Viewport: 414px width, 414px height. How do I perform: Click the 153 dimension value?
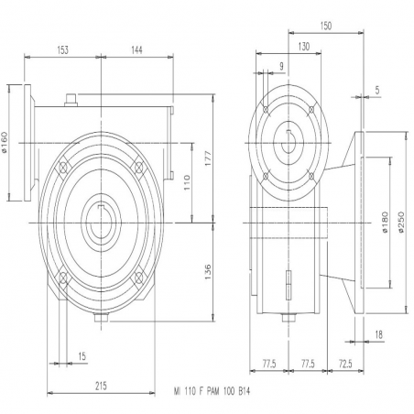click(x=63, y=50)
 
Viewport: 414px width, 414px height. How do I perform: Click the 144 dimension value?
click(x=136, y=50)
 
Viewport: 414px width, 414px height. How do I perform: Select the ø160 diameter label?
click(x=5, y=142)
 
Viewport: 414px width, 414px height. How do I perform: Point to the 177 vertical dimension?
click(x=208, y=158)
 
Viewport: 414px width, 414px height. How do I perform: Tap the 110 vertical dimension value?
click(x=187, y=182)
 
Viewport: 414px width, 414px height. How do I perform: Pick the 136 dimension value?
click(x=208, y=272)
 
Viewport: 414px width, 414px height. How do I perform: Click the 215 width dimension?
click(x=101, y=387)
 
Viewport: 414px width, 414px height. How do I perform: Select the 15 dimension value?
click(x=82, y=356)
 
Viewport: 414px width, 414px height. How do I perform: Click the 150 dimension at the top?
click(x=326, y=26)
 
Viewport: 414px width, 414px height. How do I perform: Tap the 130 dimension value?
click(x=304, y=47)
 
